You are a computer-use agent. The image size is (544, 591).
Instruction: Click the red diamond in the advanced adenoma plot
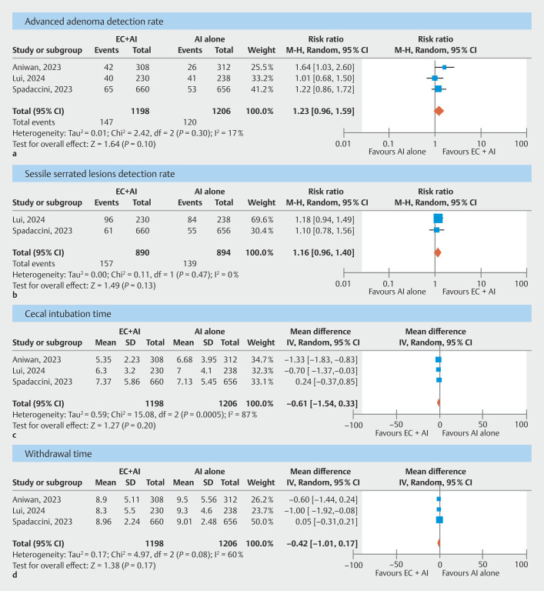(439, 111)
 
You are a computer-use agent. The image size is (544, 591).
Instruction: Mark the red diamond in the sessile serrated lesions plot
(438, 252)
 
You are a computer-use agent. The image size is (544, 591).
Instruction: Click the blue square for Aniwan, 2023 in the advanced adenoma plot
(444, 68)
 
